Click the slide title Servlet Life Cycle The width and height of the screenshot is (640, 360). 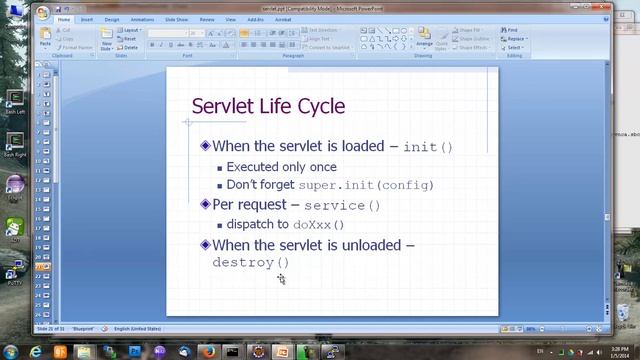267,106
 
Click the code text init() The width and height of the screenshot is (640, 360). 427,147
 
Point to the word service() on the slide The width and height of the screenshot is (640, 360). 342,205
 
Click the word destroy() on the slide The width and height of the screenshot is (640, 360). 251,263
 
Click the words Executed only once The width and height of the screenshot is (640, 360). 281,167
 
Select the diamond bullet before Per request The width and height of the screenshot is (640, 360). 205,204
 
